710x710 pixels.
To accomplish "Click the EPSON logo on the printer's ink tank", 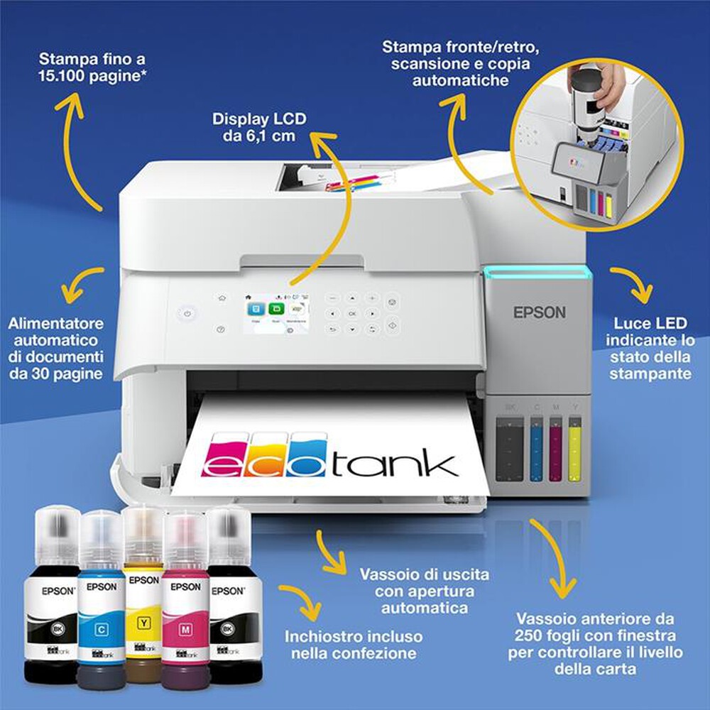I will [x=540, y=312].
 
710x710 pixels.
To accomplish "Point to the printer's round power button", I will [x=187, y=313].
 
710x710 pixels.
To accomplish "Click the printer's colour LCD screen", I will [x=271, y=312].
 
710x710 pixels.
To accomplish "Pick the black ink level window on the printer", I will [x=510, y=451].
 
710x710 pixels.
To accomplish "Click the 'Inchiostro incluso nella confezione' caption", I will [x=353, y=645].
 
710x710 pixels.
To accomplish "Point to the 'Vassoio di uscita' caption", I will [x=415, y=573].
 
